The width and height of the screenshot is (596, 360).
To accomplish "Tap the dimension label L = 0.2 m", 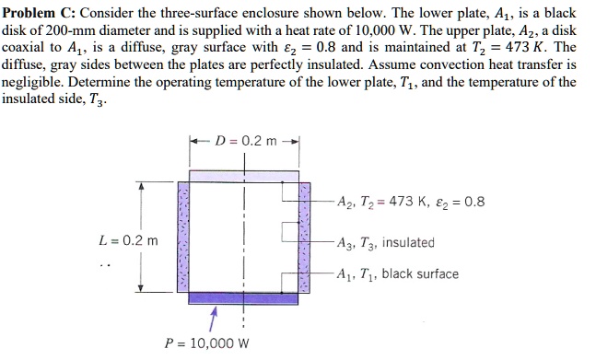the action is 128,242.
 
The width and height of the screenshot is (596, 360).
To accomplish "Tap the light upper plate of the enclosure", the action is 244,177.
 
